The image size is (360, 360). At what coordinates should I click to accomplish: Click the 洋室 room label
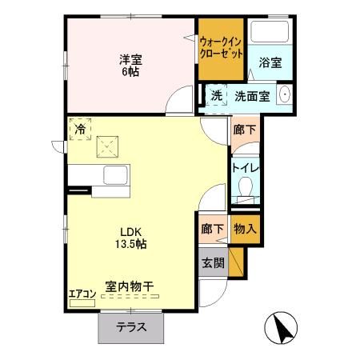click(130, 58)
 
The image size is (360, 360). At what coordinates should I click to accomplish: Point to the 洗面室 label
click(251, 96)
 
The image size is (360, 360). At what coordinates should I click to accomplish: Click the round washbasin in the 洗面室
click(285, 95)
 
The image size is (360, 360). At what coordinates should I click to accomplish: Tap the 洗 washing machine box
click(216, 95)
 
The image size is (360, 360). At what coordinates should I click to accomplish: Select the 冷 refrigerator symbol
click(80, 127)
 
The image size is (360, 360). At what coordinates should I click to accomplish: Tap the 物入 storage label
click(245, 228)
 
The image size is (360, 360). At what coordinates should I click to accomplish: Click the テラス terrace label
click(130, 326)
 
